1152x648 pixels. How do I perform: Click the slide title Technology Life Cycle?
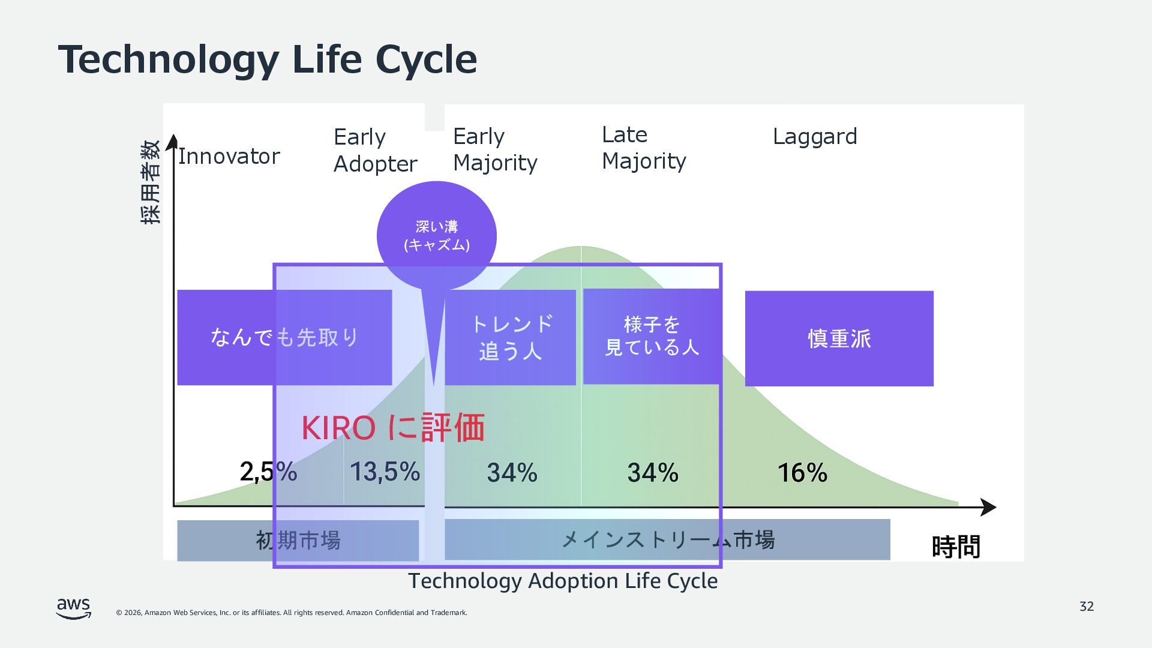(267, 59)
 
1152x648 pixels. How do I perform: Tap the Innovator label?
(229, 157)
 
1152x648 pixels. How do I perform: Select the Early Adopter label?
(375, 150)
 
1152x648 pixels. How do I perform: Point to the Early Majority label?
(495, 149)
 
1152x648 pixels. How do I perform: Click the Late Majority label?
(644, 148)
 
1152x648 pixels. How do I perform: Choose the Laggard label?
(814, 136)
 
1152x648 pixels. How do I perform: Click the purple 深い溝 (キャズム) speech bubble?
(436, 235)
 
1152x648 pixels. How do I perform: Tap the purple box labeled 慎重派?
(839, 338)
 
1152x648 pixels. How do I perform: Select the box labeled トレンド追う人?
(510, 337)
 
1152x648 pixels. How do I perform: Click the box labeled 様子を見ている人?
(652, 336)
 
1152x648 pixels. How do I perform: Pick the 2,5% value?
(268, 472)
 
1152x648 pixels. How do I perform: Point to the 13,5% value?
(385, 472)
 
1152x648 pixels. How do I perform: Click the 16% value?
(802, 473)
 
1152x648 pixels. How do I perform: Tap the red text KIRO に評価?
(393, 428)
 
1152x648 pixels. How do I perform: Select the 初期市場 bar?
(298, 541)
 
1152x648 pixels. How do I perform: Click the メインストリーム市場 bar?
(667, 540)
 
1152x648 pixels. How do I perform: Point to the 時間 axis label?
(956, 547)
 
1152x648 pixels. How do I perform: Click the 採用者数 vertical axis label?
(151, 182)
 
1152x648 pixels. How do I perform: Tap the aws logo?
(74, 608)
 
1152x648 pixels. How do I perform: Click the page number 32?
(1087, 607)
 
